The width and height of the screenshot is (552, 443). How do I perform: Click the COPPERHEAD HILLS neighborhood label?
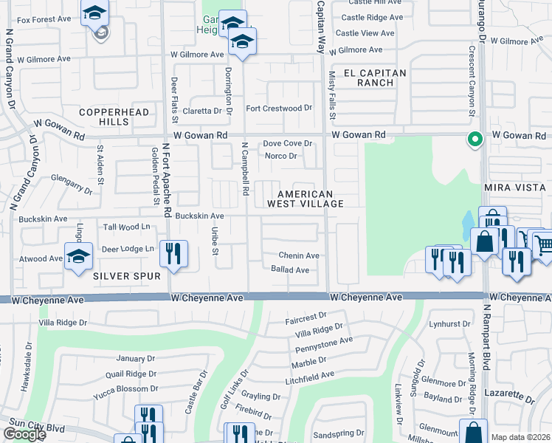pos(114,117)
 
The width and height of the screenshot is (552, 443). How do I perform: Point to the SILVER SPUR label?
pos(127,275)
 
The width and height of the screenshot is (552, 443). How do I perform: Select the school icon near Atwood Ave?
pos(78,256)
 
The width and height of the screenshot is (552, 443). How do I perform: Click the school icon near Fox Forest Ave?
pos(95,13)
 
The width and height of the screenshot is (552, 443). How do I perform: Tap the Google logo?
pos(24,434)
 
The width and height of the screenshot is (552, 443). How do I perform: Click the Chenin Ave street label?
pos(298,255)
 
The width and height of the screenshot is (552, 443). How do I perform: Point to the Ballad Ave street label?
pos(290,269)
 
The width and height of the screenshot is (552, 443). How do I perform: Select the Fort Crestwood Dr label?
pos(279,109)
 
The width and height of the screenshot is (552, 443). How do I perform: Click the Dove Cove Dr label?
pos(289,143)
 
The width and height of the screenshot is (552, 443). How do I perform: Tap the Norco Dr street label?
pos(281,156)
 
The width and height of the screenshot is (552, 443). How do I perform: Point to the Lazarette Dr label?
pos(508,398)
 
